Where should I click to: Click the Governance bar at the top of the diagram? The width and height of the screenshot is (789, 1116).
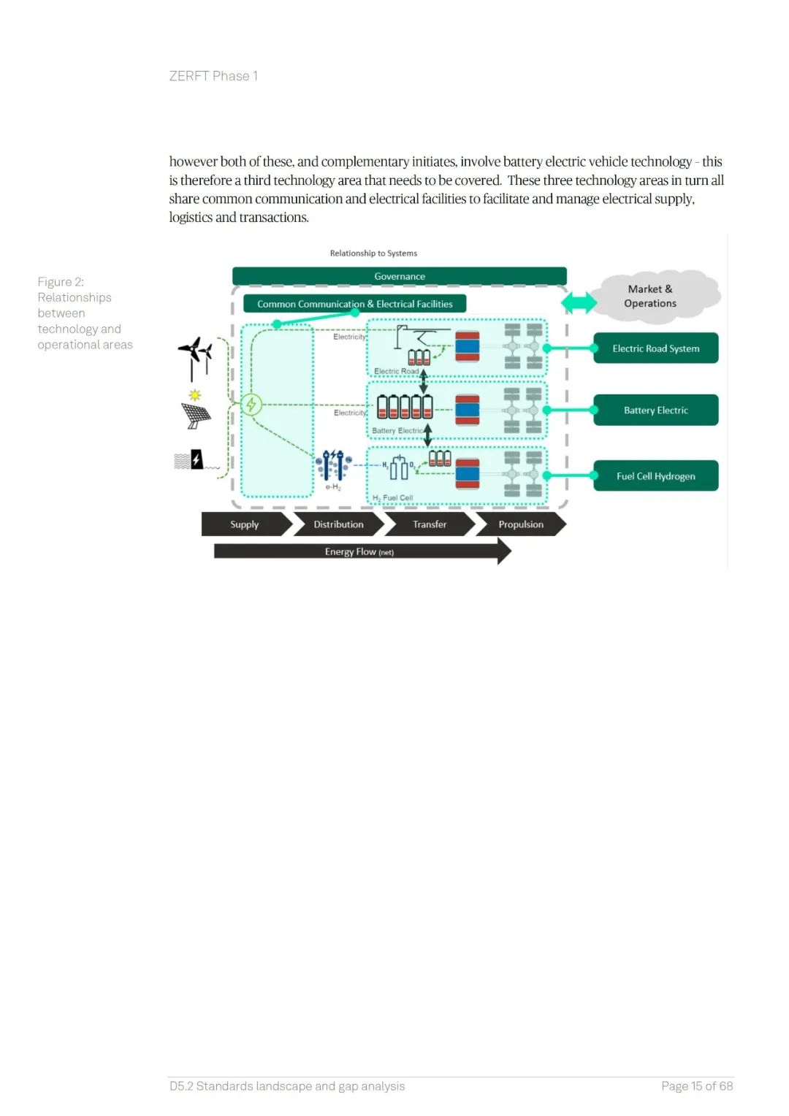[399, 276]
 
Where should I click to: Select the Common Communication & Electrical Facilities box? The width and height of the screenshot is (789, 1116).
[354, 304]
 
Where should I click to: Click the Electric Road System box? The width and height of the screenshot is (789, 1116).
[655, 348]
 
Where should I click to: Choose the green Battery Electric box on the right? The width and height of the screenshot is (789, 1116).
[655, 410]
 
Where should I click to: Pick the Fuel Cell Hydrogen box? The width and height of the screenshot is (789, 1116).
[655, 476]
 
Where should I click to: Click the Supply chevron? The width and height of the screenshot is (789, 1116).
[245, 524]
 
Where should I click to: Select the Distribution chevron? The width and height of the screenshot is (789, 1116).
[338, 524]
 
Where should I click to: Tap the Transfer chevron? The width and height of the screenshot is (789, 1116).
[430, 524]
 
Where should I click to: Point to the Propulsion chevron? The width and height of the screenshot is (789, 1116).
[521, 524]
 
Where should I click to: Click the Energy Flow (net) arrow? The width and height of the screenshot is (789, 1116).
[359, 551]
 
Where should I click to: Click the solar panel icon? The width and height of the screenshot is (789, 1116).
[196, 414]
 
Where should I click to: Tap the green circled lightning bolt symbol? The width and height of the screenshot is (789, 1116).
[251, 404]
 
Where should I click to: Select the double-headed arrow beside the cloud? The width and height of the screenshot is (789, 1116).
[579, 302]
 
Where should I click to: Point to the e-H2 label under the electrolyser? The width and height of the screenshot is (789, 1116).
[333, 487]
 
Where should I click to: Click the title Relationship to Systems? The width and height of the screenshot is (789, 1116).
[373, 253]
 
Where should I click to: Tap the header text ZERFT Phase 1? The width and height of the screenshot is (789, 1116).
[213, 76]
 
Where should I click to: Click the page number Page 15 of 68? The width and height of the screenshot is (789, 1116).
[696, 1086]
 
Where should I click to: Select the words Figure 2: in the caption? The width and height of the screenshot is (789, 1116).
[61, 282]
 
